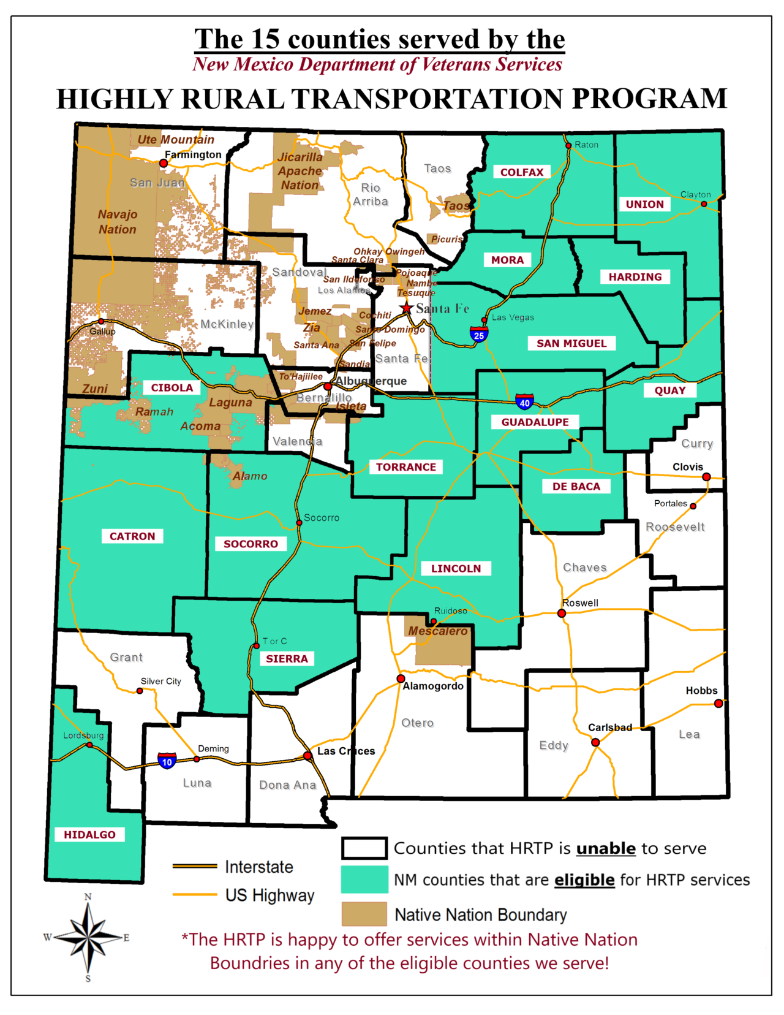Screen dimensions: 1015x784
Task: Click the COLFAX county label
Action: pos(522,172)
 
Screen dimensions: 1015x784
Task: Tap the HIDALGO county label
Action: pos(89,835)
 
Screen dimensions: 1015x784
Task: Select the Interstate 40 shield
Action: pos(524,402)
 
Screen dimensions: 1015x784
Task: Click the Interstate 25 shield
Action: pos(479,335)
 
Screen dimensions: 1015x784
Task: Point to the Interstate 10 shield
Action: pos(167,761)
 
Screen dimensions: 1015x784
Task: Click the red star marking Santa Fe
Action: pos(406,308)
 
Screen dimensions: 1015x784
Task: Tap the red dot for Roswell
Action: pos(562,613)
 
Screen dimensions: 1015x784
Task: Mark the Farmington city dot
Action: pos(164,164)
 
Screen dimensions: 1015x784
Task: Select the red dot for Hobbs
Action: pos(718,704)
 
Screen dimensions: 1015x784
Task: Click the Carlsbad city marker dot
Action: pos(595,742)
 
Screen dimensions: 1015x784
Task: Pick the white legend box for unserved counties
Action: pos(364,848)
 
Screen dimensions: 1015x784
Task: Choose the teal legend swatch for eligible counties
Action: pos(364,880)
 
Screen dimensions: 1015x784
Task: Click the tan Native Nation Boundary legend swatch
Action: pos(364,914)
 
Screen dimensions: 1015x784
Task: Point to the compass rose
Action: pos(88,937)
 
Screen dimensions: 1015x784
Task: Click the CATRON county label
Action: pos(132,536)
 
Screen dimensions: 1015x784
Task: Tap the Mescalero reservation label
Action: pos(438,631)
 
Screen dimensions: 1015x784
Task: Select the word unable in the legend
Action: pos(606,848)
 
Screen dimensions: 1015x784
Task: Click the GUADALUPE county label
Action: pos(535,422)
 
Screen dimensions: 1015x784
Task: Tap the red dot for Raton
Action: pos(568,145)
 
